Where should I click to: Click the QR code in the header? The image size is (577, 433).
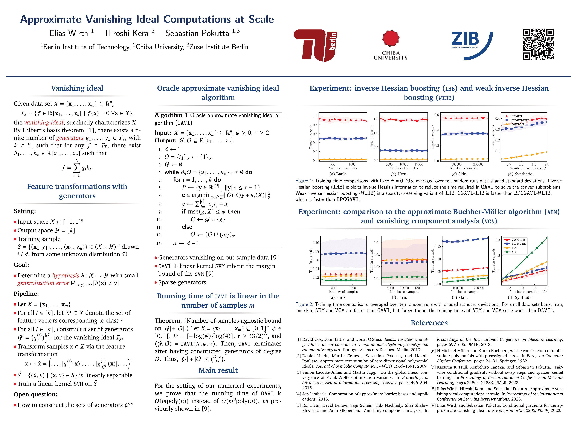tap(538, 44)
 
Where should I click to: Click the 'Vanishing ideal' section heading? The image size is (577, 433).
tap(77, 88)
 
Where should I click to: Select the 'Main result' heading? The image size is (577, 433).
tap(218, 370)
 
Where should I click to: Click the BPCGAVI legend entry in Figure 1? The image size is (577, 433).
tap(516, 116)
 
